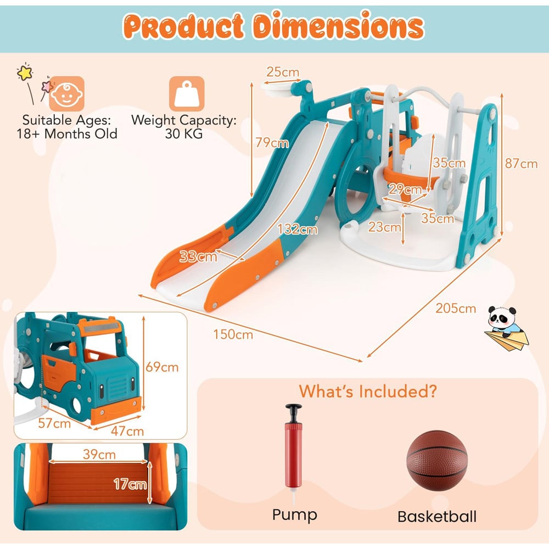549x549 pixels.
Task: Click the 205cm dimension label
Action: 456,308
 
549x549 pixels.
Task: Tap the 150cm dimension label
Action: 233,334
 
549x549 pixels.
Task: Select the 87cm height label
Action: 521,164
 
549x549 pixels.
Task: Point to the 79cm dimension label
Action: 272,143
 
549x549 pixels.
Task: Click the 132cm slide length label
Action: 298,229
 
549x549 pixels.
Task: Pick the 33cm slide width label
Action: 198,256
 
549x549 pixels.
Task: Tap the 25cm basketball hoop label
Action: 283,72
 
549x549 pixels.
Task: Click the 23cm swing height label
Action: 384,227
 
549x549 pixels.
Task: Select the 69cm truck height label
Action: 162,367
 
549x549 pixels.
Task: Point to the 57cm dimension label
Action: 54,423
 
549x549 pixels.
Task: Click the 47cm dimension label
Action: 127,431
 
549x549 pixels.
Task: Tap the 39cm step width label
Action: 99,455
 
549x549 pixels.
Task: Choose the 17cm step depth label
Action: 130,484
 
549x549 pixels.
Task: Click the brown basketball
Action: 436,461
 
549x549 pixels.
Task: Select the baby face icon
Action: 66,93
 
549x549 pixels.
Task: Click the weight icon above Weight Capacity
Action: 187,93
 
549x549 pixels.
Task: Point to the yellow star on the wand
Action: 25,72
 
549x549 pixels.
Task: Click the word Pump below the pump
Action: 294,516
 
